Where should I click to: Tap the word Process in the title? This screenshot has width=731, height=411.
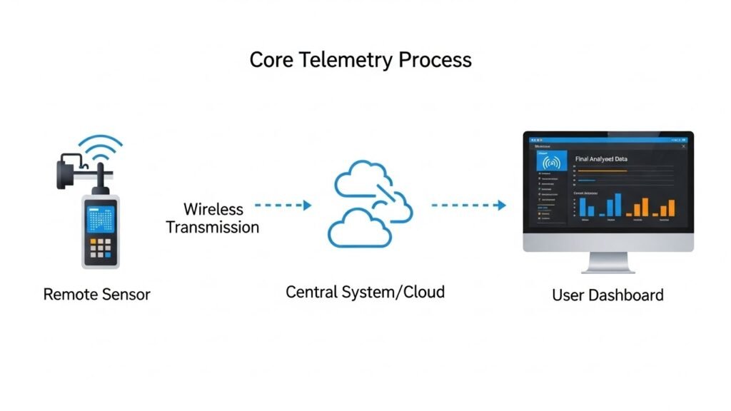coord(435,60)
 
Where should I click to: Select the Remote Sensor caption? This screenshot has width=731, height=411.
coord(96,294)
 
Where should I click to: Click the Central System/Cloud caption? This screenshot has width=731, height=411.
coord(365,292)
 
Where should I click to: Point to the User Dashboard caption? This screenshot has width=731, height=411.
coord(608,295)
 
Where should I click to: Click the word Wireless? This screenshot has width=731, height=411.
coord(213,210)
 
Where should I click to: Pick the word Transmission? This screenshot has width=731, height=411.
coord(212,228)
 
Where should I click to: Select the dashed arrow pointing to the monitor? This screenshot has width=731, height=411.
coord(468,205)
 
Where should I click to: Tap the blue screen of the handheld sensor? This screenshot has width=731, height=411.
coord(99,217)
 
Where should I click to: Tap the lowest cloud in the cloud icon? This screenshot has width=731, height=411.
coord(359,228)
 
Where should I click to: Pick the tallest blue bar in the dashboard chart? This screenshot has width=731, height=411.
coord(617,204)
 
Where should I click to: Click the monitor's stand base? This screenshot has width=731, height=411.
coord(608,270)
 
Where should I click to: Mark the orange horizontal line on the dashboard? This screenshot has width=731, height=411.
coord(602,171)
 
